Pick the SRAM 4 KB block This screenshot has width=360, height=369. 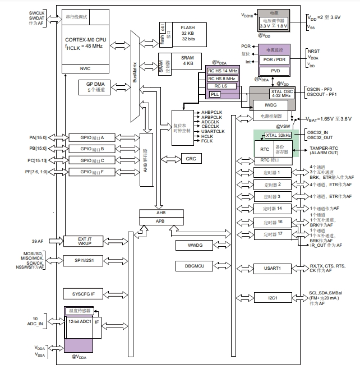tap(187, 61)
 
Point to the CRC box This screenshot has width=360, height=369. tap(190, 159)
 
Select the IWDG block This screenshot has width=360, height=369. tap(271, 105)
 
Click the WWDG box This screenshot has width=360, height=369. tap(191, 245)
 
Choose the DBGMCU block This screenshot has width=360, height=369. tap(191, 265)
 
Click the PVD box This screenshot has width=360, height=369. tap(275, 71)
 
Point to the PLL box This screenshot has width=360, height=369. tap(216, 94)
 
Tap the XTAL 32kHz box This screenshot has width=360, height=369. tap(278, 135)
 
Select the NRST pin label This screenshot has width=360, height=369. tap(313, 50)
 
